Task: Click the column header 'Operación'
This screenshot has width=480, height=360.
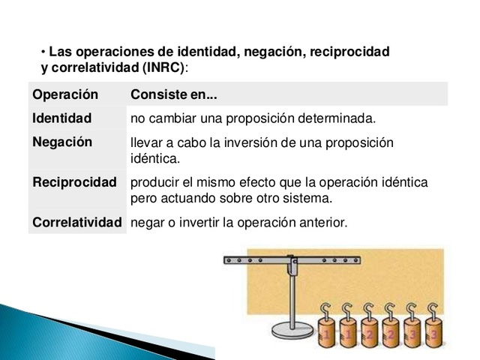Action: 66,95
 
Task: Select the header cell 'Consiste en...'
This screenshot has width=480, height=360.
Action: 174,95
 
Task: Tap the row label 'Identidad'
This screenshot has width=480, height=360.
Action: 62,118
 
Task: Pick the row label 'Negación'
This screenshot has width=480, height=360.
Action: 63,142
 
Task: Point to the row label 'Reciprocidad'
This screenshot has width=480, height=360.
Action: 75,182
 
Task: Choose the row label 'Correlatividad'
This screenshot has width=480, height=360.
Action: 77,223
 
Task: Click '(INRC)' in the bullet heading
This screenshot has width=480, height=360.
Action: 163,67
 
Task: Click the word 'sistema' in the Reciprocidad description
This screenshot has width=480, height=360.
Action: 307,199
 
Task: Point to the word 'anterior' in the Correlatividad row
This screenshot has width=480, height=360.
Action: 323,223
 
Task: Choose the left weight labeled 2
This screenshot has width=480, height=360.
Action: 368,330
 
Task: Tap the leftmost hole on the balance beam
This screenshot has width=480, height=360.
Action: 230,260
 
